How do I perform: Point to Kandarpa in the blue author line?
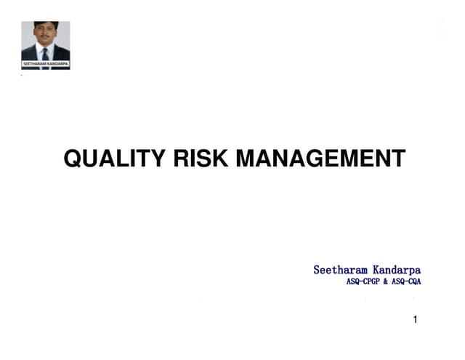[x=397, y=270]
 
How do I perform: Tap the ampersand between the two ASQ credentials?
[x=388, y=281]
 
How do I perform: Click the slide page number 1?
[x=415, y=319]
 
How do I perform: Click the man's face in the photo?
[x=46, y=35]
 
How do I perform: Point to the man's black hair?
[x=46, y=25]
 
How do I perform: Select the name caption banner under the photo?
[x=45, y=65]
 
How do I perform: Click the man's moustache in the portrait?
[x=46, y=40]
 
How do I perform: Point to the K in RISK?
[x=222, y=159]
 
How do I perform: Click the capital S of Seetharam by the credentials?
[x=317, y=270]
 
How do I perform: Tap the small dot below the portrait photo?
[x=22, y=75]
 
